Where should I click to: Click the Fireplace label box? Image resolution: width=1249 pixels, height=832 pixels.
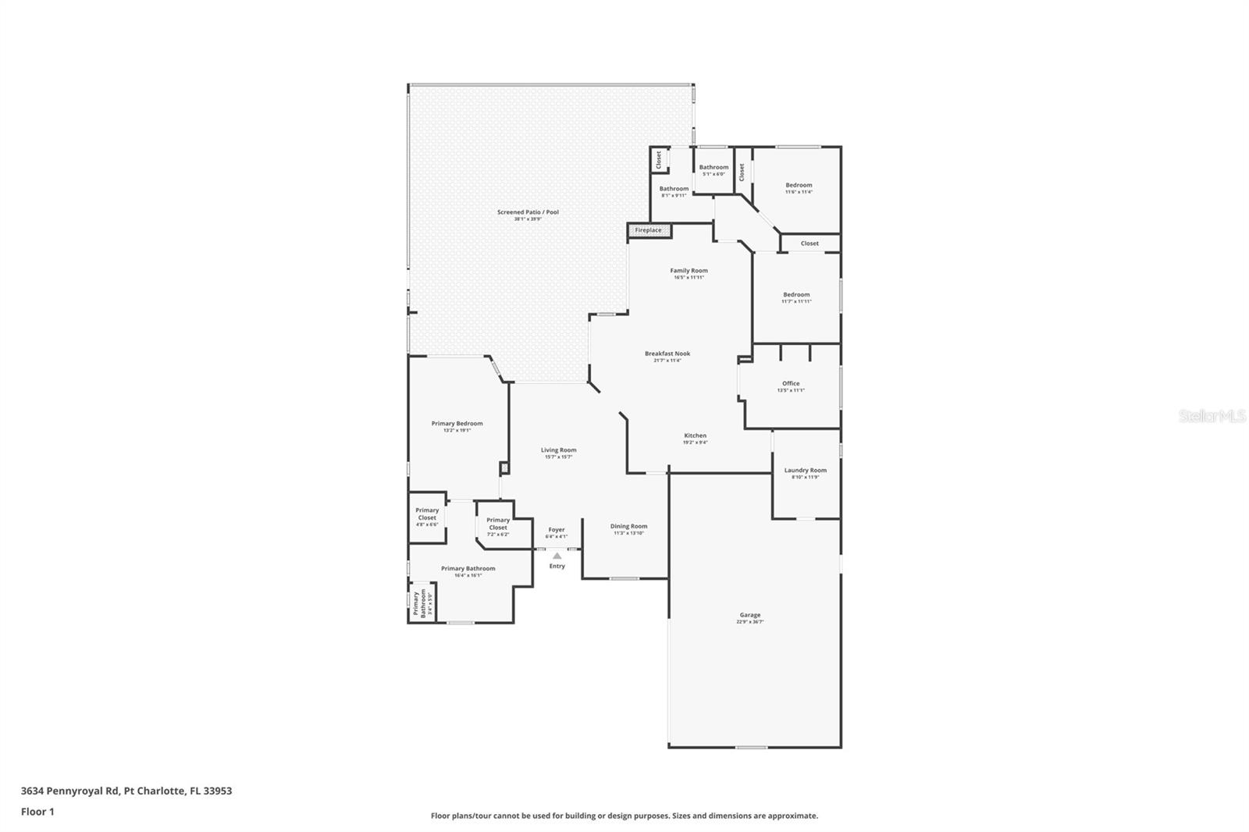[x=649, y=230]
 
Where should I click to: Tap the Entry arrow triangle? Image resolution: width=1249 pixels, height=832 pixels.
[x=557, y=556]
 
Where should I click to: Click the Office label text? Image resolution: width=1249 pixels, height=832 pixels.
[x=791, y=383]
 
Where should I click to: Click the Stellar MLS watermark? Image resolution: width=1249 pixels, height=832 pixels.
[x=1212, y=417]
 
